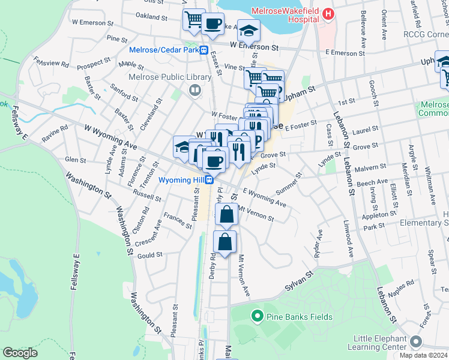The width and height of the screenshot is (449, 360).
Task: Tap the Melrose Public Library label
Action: click(169, 77)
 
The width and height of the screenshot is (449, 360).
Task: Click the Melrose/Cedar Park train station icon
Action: click(204, 50)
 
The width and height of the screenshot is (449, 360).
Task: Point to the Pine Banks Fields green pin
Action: click(258, 314)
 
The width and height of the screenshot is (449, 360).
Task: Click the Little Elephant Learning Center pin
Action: click(416, 342)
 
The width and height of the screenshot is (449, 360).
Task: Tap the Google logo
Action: click(20, 353)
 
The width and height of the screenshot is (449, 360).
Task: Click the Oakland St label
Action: click(150, 15)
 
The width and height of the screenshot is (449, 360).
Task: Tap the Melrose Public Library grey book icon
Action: click(194, 91)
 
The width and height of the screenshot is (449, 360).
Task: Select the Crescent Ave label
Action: click(148, 234)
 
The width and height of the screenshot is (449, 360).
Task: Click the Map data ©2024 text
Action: click(424, 355)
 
